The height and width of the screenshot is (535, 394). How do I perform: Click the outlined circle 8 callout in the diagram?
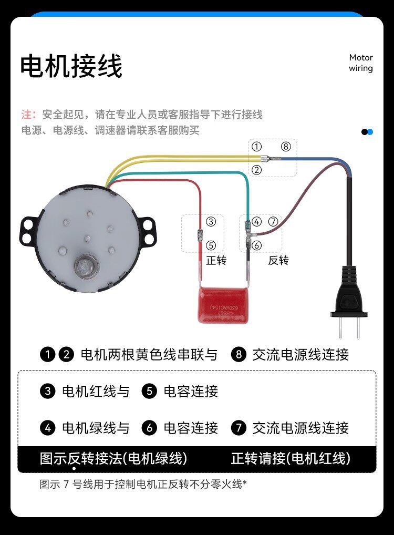pos(285,147)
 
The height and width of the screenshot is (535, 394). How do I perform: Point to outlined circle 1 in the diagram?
pos(256,147)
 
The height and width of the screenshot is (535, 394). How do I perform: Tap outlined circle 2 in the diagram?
pos(256,170)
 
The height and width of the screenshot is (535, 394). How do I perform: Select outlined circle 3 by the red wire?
pos(211,222)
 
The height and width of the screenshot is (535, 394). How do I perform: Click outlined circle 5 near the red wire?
pos(211,245)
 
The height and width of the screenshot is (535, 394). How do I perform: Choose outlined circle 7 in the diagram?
pos(273,222)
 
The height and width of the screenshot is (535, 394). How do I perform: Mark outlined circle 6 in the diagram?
pos(256,245)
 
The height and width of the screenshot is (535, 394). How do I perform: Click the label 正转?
pos(216,261)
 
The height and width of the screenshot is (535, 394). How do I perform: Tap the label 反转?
pos(278,261)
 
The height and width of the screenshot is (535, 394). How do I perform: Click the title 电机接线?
pos(71,67)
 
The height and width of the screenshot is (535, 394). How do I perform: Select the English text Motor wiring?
pos(361,63)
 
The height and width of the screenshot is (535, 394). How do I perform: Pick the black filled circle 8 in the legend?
pos(239,355)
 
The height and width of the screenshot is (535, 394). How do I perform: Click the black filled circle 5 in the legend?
pos(150,392)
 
